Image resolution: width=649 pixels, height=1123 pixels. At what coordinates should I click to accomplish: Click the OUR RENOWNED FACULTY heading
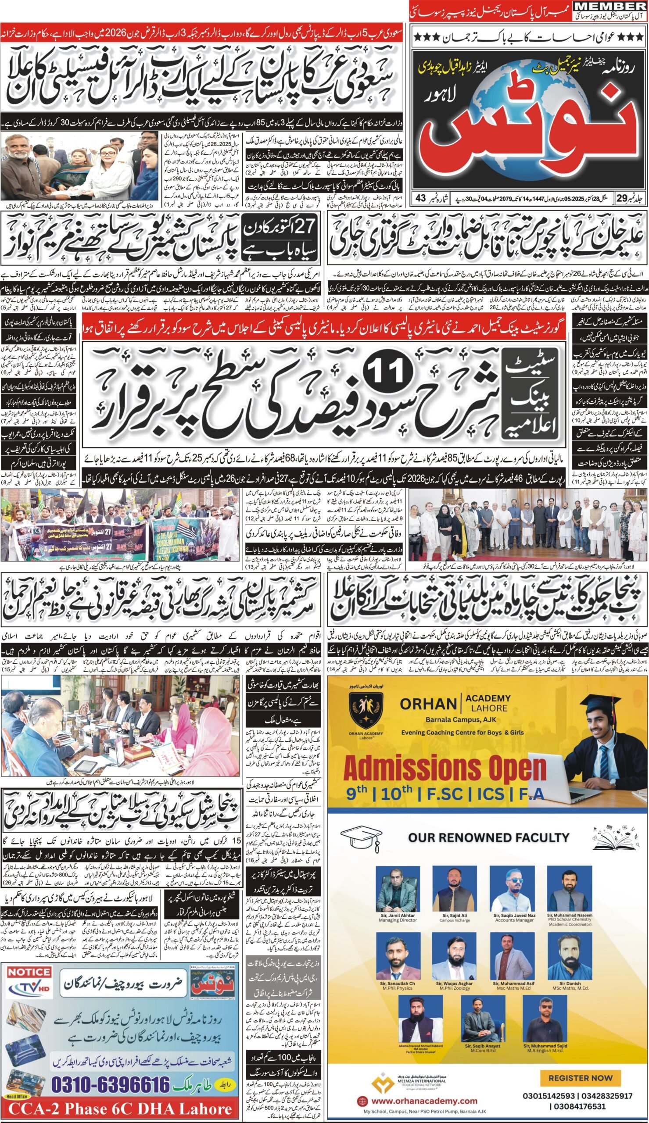488,837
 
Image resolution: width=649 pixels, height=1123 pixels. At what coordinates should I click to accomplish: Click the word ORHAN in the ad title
427,704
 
